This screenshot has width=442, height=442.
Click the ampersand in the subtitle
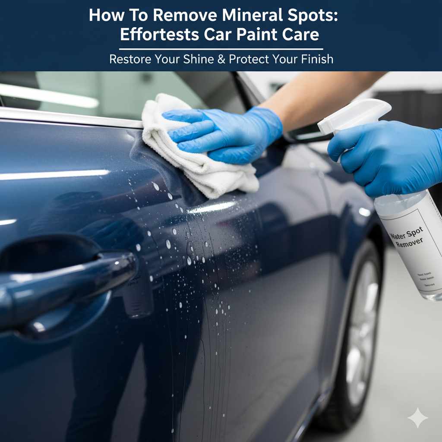pos(222,59)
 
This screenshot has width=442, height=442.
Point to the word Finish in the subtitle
pos(314,59)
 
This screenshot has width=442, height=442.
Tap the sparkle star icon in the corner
pos(417,418)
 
